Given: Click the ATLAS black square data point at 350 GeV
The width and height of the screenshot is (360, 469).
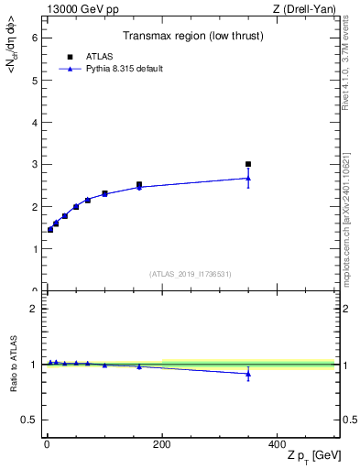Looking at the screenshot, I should [x=248, y=165].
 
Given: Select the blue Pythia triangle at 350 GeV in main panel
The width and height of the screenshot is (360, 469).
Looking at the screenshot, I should [x=248, y=178].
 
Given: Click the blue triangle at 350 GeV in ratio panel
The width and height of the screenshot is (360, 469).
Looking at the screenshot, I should [x=248, y=374].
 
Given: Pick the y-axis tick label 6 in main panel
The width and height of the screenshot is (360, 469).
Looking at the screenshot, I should [x=34, y=38].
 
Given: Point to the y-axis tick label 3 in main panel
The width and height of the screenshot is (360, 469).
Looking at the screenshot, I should [x=34, y=165].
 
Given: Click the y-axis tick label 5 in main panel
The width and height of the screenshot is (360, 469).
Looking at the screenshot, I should [x=34, y=81].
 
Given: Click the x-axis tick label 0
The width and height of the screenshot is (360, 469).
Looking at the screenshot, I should [x=47, y=443].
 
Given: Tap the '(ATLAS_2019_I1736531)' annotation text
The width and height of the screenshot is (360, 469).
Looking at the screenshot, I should [x=191, y=274].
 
